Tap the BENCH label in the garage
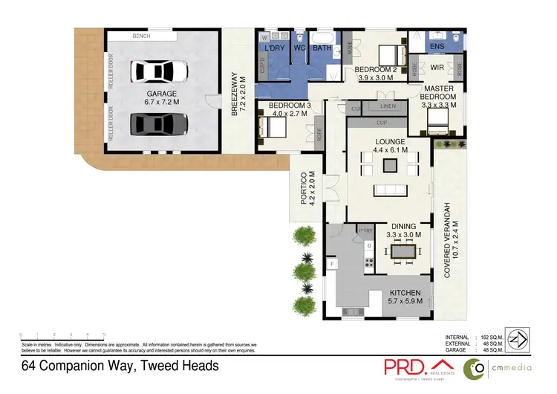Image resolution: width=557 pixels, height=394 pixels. (142, 36)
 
